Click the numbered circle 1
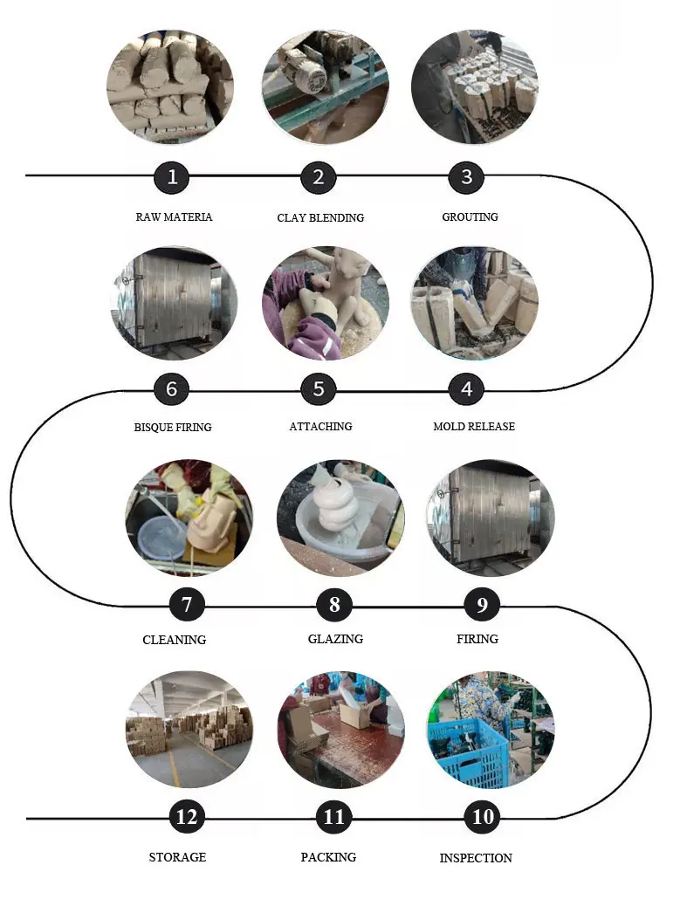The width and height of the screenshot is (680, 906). (x=173, y=177)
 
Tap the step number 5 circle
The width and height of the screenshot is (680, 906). (x=319, y=389)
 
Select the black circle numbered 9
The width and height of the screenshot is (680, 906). (x=482, y=604)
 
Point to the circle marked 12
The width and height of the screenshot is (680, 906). (x=187, y=817)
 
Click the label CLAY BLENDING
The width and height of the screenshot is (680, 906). (x=320, y=217)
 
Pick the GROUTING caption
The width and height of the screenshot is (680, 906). (x=470, y=216)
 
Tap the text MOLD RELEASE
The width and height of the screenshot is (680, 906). (x=474, y=427)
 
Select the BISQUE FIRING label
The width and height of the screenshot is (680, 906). (x=173, y=428)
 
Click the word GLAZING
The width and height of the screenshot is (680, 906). (x=335, y=639)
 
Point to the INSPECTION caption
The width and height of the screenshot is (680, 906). (x=476, y=858)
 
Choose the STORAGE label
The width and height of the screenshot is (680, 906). (x=177, y=857)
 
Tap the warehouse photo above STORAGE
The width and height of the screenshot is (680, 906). (x=189, y=729)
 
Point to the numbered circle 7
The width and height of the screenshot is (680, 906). (x=187, y=604)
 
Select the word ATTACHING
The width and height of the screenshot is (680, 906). (x=320, y=427)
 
